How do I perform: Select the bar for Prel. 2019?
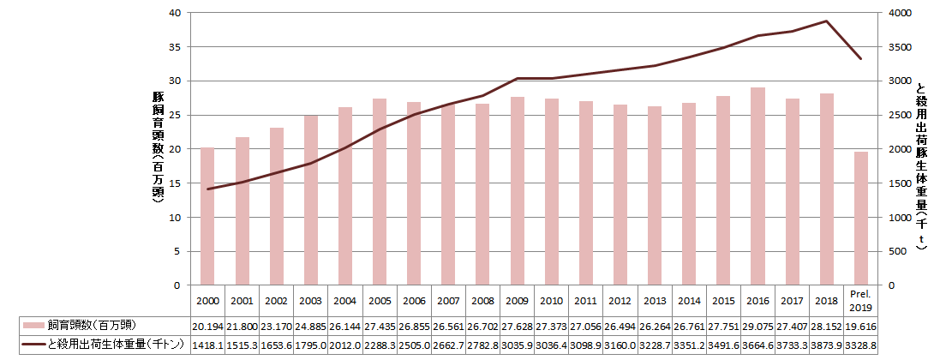pos(860,219)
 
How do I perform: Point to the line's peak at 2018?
pos(826,21)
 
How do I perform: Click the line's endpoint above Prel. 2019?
pos(860,58)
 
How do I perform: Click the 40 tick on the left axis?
pos(175,13)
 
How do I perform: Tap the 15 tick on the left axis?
pos(175,183)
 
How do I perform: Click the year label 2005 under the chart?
pos(380,301)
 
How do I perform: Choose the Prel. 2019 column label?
pos(860,301)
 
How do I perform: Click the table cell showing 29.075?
pos(757,326)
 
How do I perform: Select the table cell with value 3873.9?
pos(826,345)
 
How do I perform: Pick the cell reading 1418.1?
pos(207,345)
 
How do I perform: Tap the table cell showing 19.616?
pos(860,326)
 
